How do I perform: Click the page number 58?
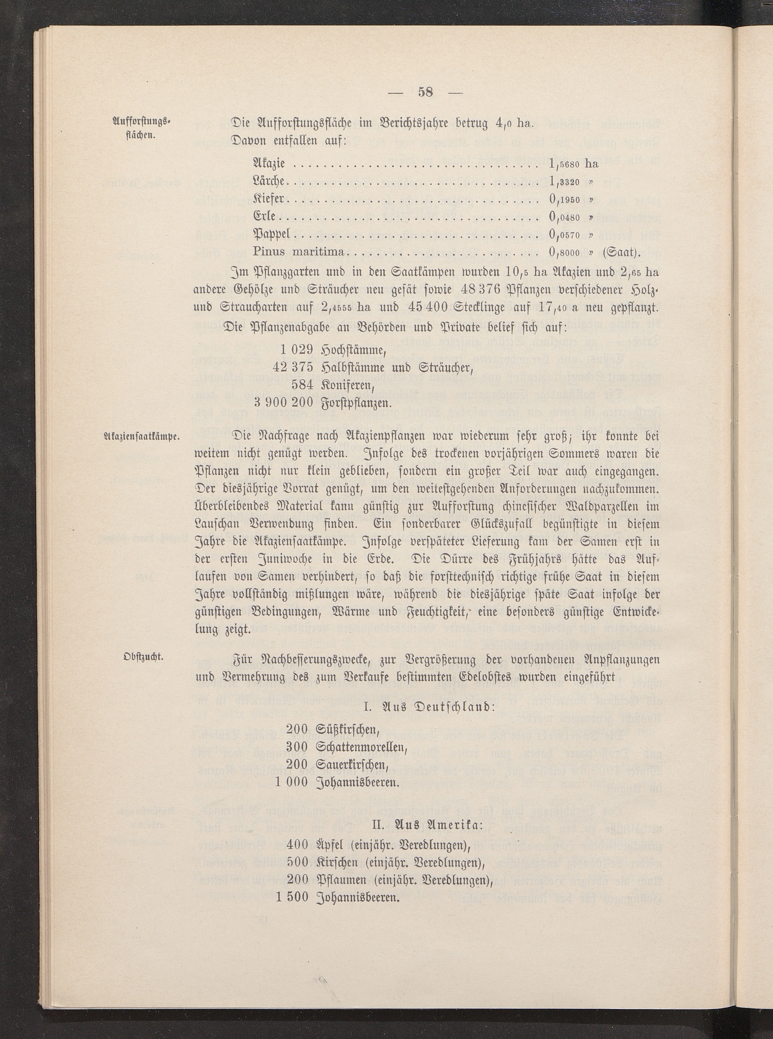pyautogui.click(x=425, y=92)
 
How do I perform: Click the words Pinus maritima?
pyautogui.click(x=298, y=252)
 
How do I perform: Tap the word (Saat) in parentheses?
pyautogui.click(x=620, y=252)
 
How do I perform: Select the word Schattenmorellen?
pyautogui.click(x=360, y=747)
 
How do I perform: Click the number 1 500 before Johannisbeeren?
pyautogui.click(x=292, y=897)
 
